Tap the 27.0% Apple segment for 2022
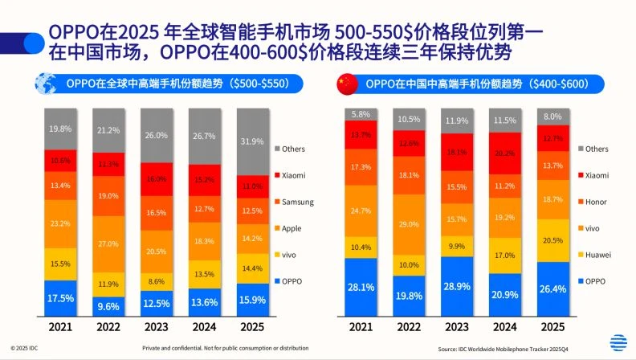pos(108,243)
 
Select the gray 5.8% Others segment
pos(361,114)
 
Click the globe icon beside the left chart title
pos(45,84)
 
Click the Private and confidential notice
pos(225,347)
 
